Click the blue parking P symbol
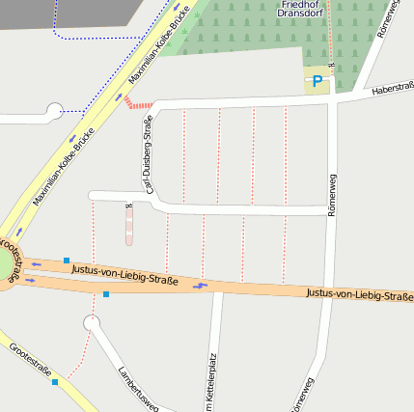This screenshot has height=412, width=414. pyautogui.click(x=317, y=82)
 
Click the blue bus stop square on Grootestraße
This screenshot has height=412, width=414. pyautogui.click(x=55, y=382)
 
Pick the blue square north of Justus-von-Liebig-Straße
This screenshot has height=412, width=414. pyautogui.click(x=66, y=260)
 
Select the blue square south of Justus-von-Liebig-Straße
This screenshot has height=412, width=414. pyautogui.click(x=106, y=293)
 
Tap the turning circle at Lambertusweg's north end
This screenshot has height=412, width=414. pyautogui.click(x=93, y=323)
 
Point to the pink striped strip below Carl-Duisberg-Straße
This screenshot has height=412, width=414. pyautogui.click(x=129, y=228)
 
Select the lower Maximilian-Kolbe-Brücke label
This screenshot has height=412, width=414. pyautogui.click(x=65, y=167)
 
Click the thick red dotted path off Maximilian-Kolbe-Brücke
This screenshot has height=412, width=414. pyautogui.click(x=140, y=103)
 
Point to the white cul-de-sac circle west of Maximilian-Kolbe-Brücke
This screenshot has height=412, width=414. pyautogui.click(x=54, y=111)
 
